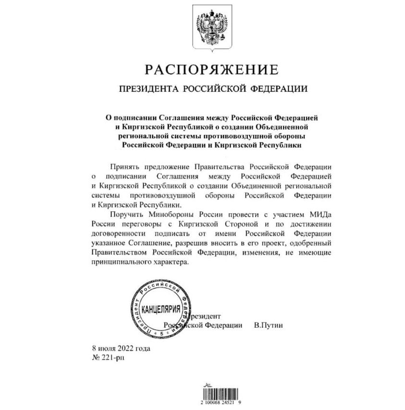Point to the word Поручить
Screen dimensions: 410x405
pos(126,215)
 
